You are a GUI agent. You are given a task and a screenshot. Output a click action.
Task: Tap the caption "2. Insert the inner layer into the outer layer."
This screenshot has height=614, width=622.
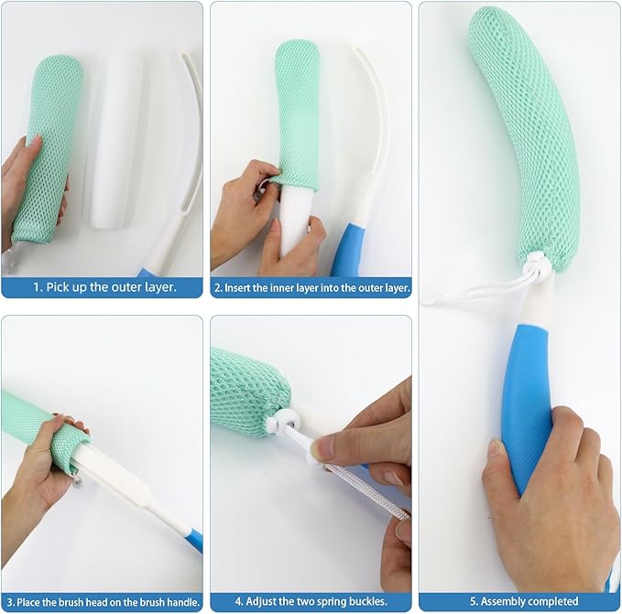coord(311,286)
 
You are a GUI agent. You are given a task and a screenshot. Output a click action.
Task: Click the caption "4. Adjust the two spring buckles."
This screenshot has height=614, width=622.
coord(311,601)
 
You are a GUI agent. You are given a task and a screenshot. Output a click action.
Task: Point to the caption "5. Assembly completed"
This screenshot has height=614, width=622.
coord(519,601)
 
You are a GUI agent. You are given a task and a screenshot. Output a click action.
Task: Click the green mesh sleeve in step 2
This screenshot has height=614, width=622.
coord(297,110)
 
